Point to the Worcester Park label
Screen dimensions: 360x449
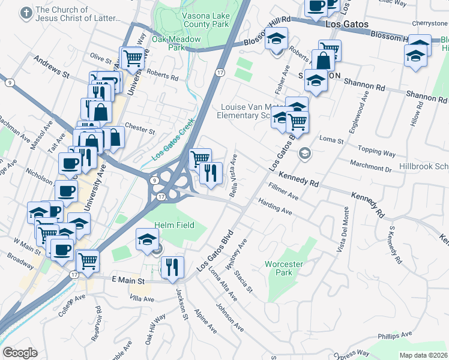pos(284,268)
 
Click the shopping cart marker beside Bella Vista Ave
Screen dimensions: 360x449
pos(200,158)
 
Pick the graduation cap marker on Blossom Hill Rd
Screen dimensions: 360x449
pos(276,40)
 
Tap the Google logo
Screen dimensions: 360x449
pos(20,353)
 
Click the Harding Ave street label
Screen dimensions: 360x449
pos(276,208)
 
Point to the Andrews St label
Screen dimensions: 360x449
pos(52,67)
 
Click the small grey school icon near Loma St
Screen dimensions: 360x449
pos(305,154)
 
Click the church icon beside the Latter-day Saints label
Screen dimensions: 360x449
pos(25,13)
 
